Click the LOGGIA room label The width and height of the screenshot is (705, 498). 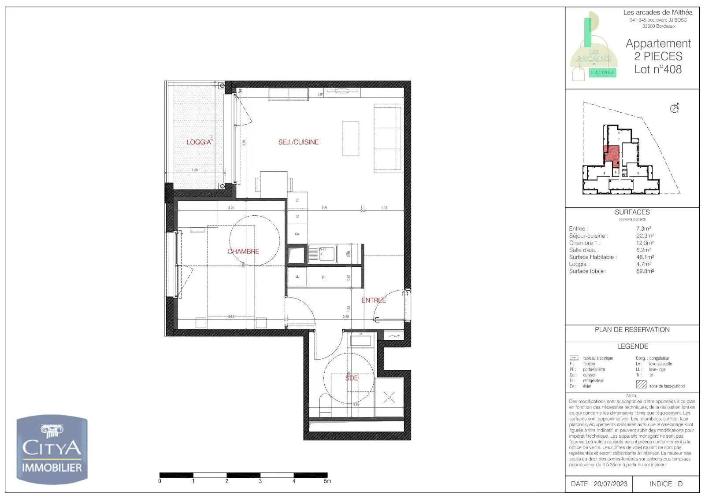(199, 142)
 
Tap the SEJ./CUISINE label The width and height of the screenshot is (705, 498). (298, 142)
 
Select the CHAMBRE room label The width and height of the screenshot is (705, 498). (243, 251)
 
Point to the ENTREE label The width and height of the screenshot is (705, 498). (374, 300)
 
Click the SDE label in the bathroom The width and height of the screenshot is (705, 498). (352, 378)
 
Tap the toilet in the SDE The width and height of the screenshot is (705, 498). (325, 405)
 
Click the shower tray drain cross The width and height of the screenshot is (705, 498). (389, 398)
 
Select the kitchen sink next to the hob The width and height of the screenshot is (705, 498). (322, 254)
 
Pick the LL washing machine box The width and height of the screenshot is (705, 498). (297, 277)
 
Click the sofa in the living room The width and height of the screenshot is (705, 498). (388, 139)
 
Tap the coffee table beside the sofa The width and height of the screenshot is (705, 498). (350, 138)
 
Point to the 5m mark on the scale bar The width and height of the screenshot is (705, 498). (327, 481)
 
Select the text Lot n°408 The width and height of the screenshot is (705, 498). (658, 70)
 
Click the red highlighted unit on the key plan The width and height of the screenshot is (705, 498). (611, 155)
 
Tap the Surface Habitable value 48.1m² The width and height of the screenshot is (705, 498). (645, 257)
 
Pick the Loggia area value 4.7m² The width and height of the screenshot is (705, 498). (643, 264)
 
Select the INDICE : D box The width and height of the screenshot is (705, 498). (666, 484)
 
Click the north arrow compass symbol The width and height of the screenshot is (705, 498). (674, 108)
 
